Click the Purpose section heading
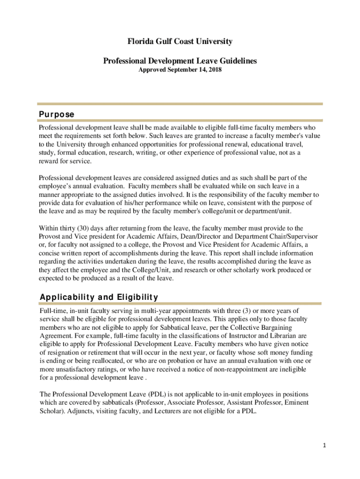pos(57,115)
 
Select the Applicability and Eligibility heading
pos(99,297)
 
